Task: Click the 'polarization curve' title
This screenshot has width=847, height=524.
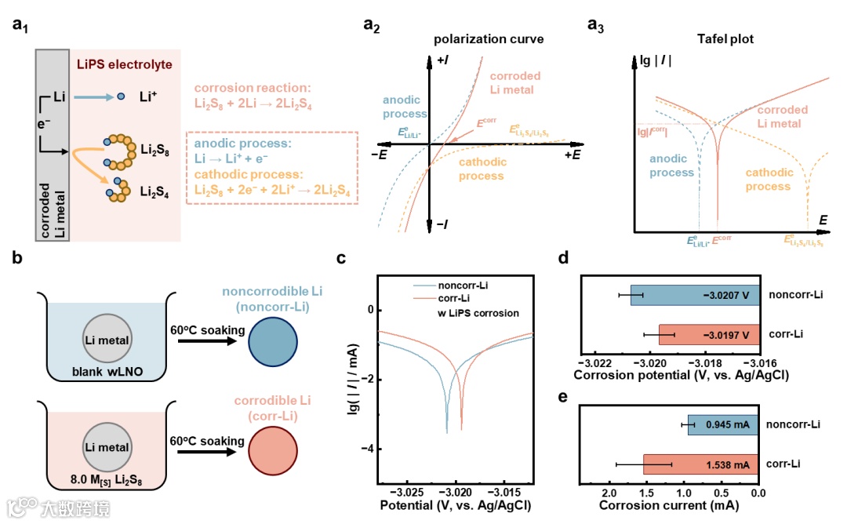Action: coord(488,39)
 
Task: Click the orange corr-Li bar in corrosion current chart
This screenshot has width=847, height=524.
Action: coord(700,464)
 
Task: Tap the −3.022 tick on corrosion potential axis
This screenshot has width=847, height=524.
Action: coord(594,363)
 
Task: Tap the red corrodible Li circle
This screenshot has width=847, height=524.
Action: coord(272,451)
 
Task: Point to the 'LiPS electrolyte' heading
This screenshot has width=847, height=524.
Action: coord(125,63)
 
